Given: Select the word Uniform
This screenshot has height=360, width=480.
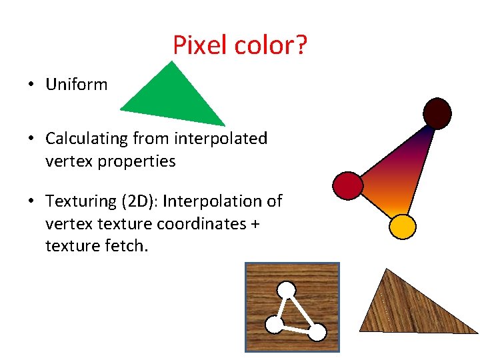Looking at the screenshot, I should click(76, 85).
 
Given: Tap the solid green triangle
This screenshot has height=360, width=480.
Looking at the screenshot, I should click(175, 97).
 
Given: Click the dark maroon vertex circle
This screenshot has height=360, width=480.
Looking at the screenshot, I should click(437, 113).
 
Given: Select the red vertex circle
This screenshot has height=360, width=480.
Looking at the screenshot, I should click(347, 185).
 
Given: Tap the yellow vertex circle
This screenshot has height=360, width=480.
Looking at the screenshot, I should click(403, 227).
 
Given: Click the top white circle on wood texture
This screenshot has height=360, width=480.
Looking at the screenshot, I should click(287, 290).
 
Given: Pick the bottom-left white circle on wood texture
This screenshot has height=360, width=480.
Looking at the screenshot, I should click(274, 325).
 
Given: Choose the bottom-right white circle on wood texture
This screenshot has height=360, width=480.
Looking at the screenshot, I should click(317, 331).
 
